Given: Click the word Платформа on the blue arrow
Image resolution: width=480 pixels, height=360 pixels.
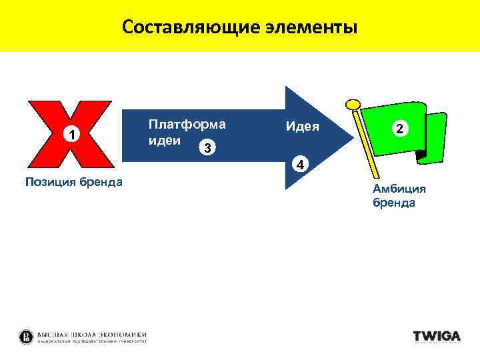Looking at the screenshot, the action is pos(187,124).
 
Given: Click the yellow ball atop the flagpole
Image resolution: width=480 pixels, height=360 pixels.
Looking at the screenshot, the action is pos(353,105).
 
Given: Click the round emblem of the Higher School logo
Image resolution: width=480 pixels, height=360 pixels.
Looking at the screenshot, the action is pos(27,336).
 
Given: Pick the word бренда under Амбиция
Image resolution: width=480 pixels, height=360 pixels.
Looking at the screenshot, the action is pos(394,203).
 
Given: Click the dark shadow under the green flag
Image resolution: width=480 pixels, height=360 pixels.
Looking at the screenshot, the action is pos(421,156).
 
